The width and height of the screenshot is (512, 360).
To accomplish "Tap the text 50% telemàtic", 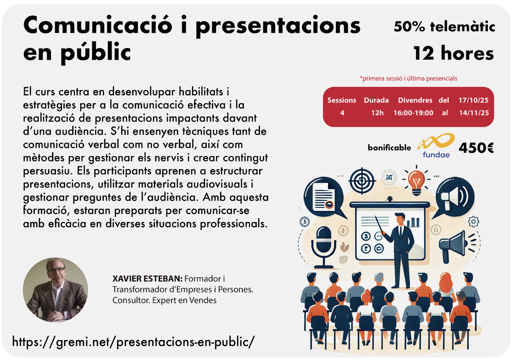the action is [x=444, y=27].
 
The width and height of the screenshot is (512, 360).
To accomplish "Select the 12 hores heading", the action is [x=453, y=53].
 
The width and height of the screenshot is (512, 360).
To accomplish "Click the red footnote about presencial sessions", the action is [x=408, y=78].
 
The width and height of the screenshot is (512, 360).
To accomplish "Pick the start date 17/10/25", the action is [x=473, y=100].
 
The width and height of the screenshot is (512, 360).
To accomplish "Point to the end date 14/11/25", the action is [x=474, y=113].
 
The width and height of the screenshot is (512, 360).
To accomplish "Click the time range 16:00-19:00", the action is [x=413, y=113].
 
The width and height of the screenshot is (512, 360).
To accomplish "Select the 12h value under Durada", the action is [x=377, y=113].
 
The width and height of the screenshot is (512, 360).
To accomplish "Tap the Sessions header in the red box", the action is [x=342, y=100].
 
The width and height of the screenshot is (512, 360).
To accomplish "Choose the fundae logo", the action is [x=436, y=145].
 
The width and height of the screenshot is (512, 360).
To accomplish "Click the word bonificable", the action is [x=389, y=148].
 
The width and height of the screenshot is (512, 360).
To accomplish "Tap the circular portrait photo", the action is [x=55, y=290].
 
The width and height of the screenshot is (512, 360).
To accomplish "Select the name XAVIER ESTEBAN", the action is [x=148, y=279].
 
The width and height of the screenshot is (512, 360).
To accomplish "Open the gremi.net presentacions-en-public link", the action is [x=133, y=342].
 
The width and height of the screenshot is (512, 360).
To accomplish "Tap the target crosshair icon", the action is [x=362, y=181].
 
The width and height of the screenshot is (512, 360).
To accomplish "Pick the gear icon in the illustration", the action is [x=474, y=222].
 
